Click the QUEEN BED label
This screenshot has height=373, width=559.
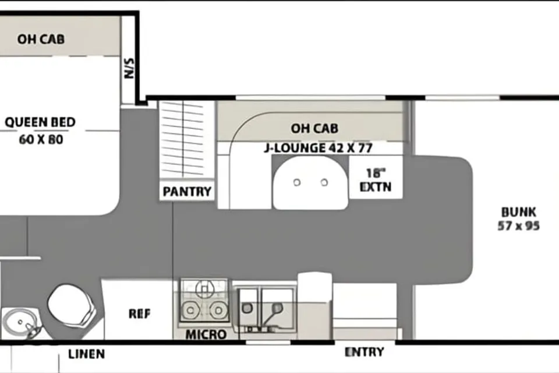click(40, 122)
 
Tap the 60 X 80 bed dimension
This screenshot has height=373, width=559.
click(41, 139)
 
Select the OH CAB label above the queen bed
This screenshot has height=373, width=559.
click(41, 39)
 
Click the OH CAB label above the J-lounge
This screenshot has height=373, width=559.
click(314, 128)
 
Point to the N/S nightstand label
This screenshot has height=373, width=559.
click(129, 68)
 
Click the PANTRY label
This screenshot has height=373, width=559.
click(187, 192)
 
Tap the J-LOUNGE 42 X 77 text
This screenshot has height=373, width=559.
click(319, 148)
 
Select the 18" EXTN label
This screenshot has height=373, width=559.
click(376, 180)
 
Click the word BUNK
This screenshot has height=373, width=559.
click(519, 212)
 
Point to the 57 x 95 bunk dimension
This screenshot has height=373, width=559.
click(519, 226)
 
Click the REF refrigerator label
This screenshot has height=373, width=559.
click(139, 314)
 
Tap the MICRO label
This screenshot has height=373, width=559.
click(206, 335)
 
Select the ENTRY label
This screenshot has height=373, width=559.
click(365, 352)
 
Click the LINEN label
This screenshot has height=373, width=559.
click(87, 354)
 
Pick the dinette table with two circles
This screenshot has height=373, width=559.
click(310, 183)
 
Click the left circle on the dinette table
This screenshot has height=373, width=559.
click(296, 183)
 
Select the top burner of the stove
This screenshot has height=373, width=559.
click(204, 288)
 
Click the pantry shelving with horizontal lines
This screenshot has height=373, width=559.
click(182, 139)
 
